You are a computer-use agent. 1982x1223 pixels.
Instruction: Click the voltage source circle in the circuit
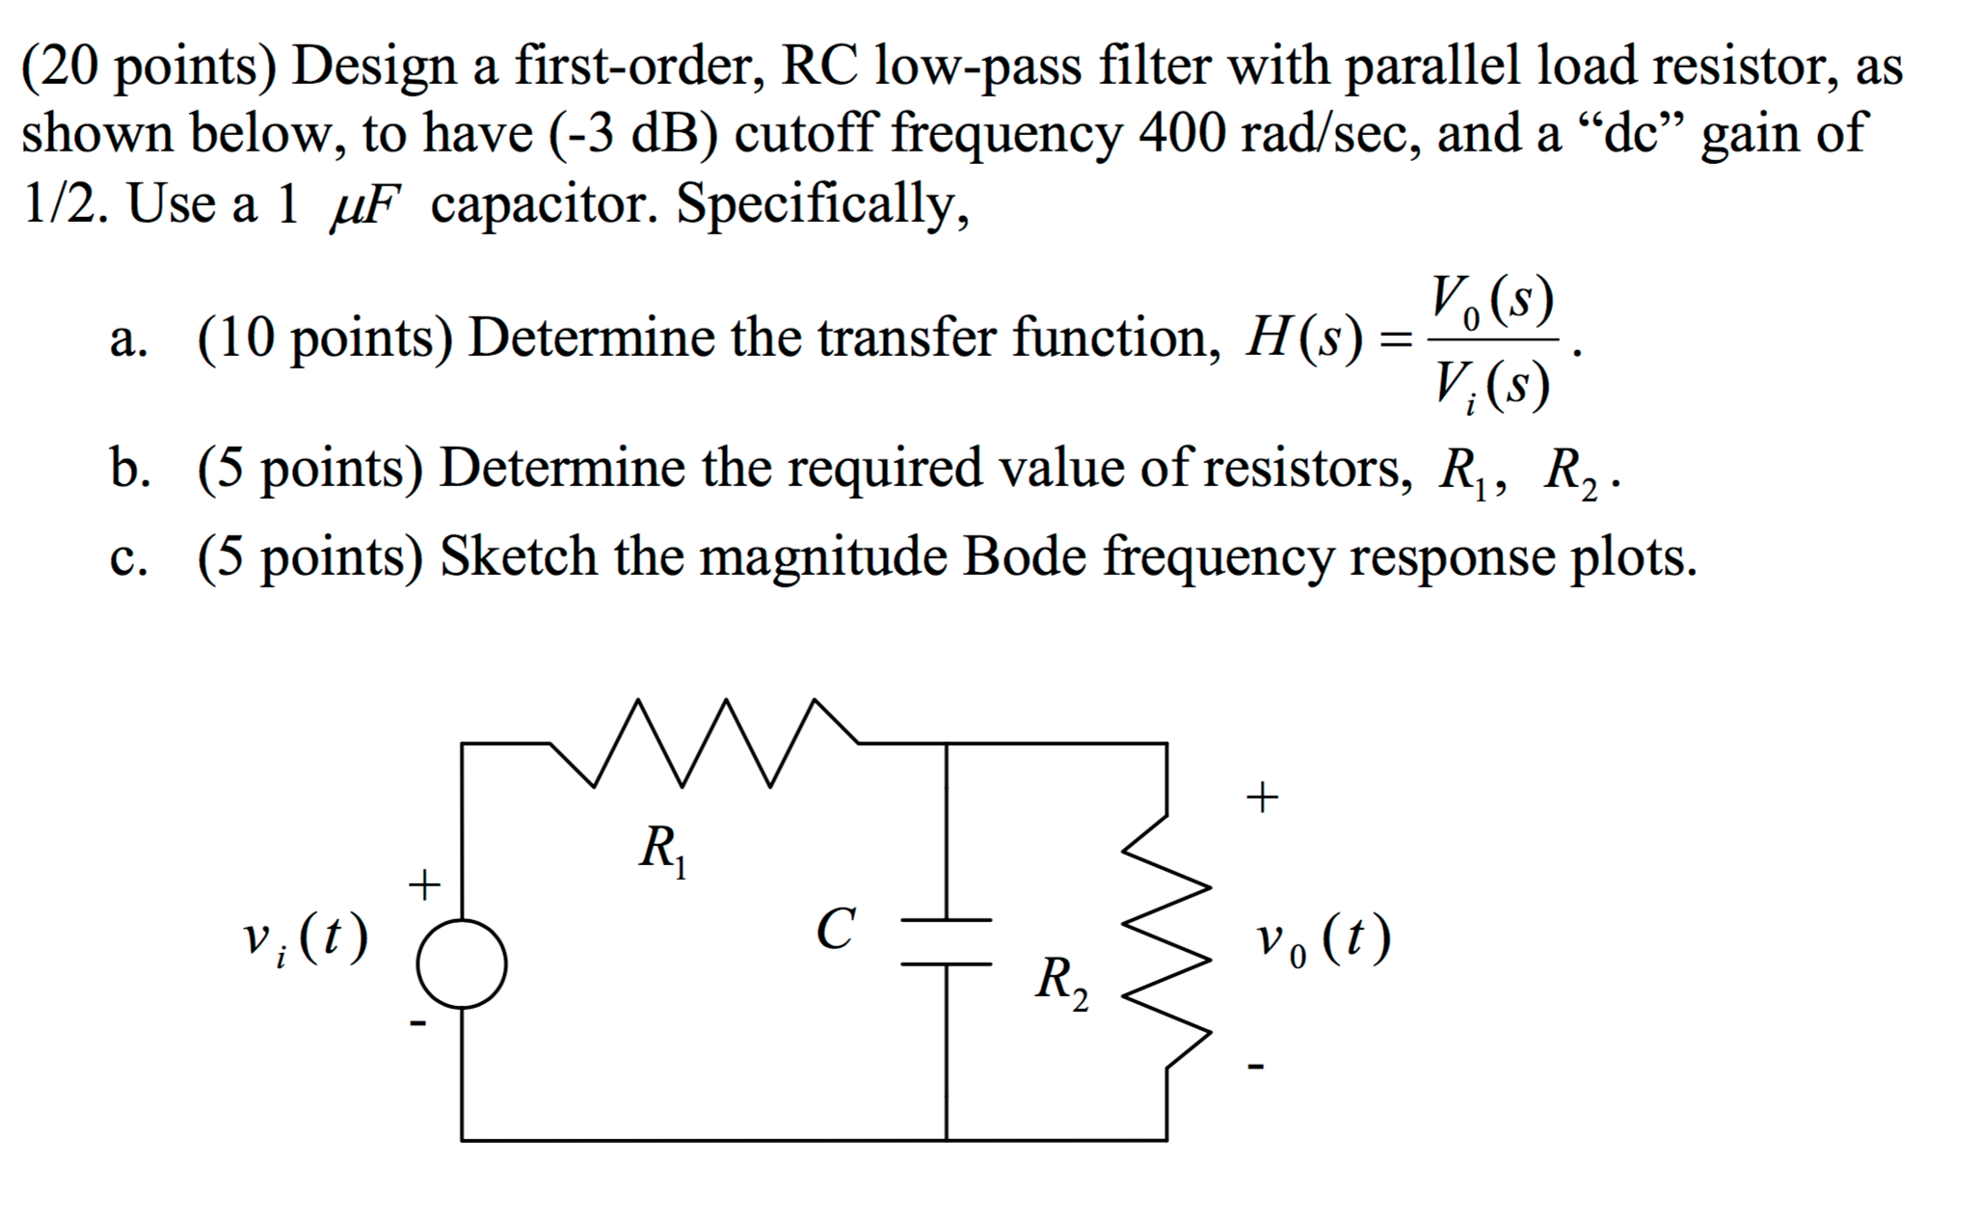point(462,964)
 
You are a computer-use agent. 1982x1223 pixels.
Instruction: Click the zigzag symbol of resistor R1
point(704,744)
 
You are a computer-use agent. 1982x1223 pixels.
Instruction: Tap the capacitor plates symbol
point(947,941)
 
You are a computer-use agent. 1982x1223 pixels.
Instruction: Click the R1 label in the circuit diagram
point(663,852)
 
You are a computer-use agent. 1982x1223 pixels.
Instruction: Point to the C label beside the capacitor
point(834,930)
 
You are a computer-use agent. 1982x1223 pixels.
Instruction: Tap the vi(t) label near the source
point(305,939)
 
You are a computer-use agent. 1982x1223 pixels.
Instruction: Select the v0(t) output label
point(1323,939)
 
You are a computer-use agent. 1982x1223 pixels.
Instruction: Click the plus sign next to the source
point(424,883)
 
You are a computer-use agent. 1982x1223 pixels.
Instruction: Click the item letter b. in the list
point(129,468)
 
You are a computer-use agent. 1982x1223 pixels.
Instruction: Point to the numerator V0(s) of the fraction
point(1491,301)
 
